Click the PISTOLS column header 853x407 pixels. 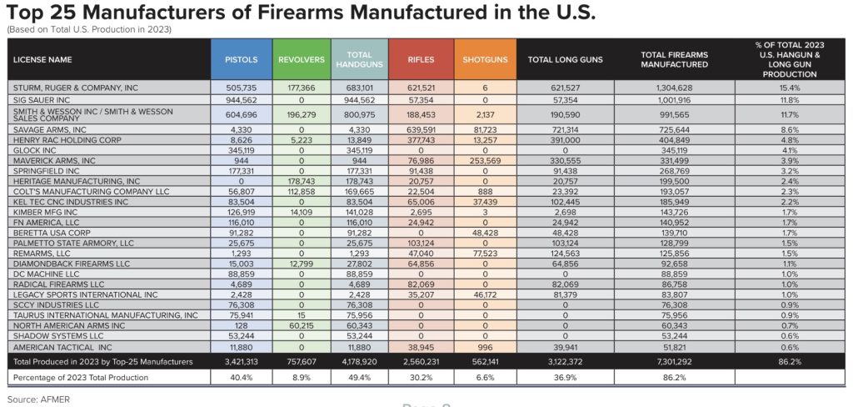[x=241, y=60]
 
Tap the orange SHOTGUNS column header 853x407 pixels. [x=484, y=60]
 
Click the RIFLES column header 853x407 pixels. [x=421, y=60]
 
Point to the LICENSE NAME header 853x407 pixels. [x=42, y=60]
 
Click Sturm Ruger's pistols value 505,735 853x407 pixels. [x=241, y=87]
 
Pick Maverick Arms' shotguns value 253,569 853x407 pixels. [x=484, y=160]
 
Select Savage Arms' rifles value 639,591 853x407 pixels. [x=421, y=129]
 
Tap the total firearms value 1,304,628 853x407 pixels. [x=674, y=87]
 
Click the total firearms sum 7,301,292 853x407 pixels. [x=674, y=362]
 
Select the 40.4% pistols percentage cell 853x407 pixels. [x=241, y=378]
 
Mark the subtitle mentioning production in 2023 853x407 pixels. [x=89, y=30]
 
